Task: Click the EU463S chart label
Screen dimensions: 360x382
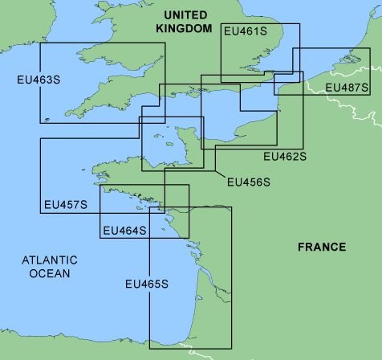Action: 38,80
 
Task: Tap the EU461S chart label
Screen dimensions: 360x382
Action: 246,31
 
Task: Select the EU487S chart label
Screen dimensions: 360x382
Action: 347,87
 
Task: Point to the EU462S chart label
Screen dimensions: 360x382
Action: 285,155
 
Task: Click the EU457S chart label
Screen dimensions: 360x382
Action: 65,205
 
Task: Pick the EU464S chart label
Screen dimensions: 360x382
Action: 124,231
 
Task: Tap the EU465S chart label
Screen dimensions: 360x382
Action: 147,284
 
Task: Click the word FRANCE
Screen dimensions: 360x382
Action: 321,247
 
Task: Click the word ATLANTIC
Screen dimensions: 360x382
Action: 50,260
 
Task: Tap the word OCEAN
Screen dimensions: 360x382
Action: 50,274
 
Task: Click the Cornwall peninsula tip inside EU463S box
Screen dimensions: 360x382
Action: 50,119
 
